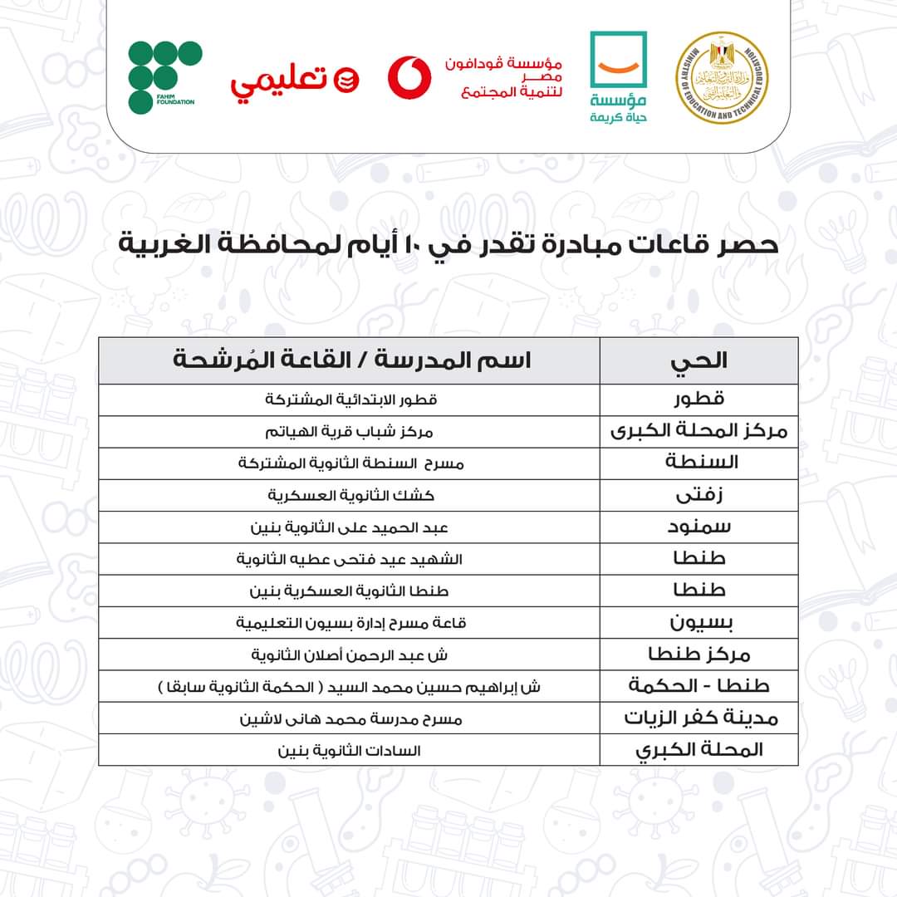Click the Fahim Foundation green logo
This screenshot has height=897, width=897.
[x=164, y=76]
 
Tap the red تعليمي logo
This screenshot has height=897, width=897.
[x=295, y=81]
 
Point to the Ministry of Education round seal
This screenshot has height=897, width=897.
[x=721, y=78]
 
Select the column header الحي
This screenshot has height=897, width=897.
[x=698, y=360]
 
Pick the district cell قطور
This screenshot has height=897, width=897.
[x=698, y=399]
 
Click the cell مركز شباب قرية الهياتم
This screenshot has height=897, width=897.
[x=350, y=432]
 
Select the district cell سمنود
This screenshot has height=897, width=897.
[x=698, y=527]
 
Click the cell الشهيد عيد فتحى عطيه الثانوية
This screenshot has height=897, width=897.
[x=350, y=559]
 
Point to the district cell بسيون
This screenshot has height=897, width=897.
[x=698, y=622]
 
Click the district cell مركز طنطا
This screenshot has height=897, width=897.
[x=698, y=654]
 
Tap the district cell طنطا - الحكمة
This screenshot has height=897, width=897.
[x=698, y=686]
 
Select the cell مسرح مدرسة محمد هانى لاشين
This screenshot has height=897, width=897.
[x=350, y=718]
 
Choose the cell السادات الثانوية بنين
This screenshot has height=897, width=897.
[x=350, y=750]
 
